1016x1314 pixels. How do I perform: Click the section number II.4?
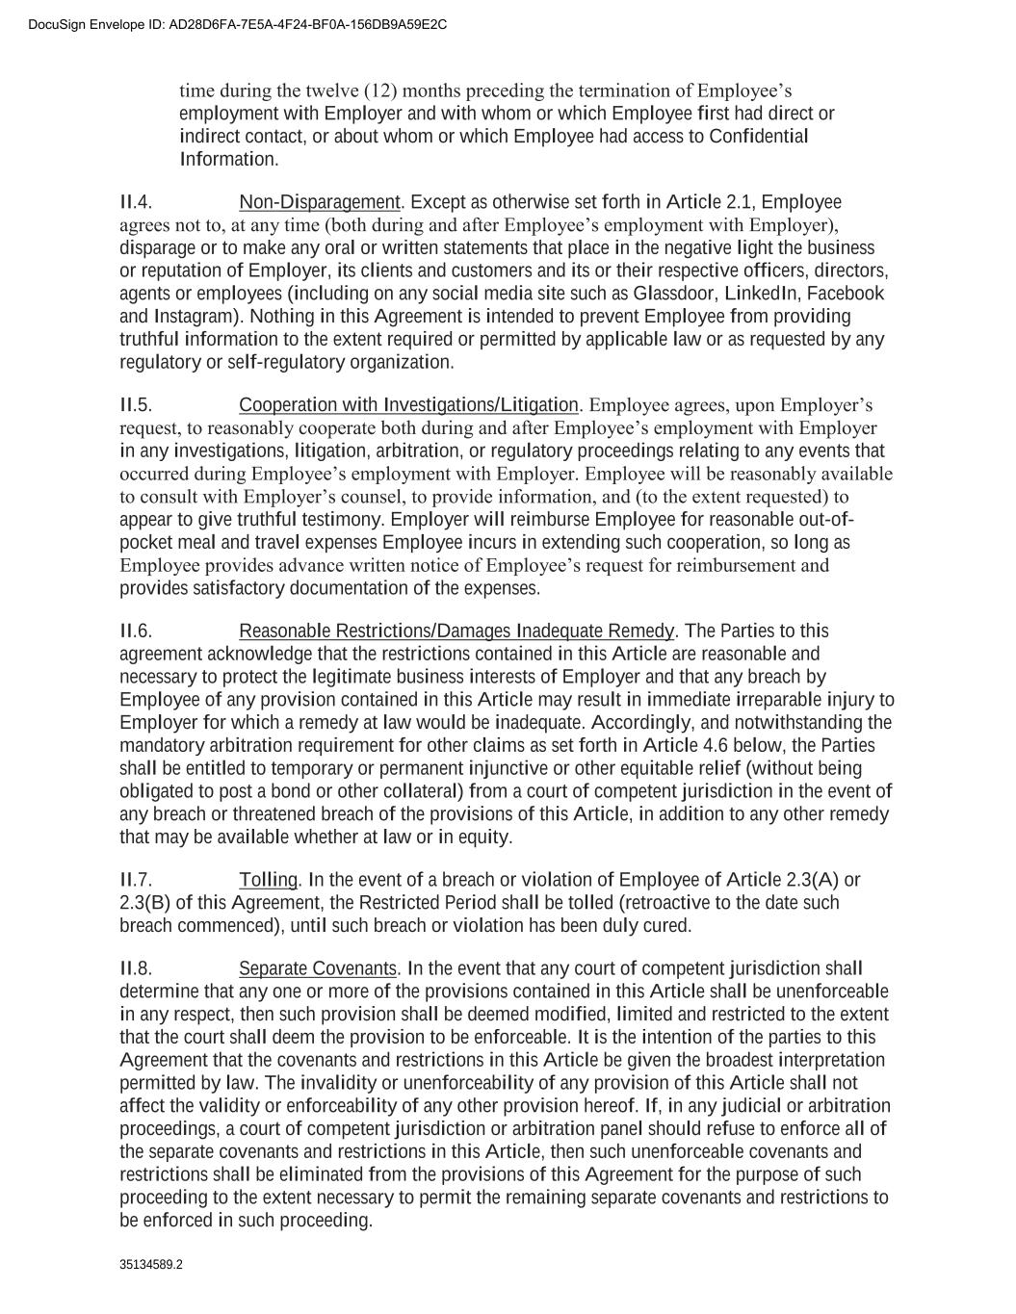[x=136, y=202]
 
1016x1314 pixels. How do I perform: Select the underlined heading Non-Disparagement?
[x=319, y=202]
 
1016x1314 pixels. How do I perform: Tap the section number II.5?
[x=136, y=405]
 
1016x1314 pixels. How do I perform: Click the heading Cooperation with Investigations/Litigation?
[x=408, y=405]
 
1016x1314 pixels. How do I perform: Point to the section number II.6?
[x=136, y=631]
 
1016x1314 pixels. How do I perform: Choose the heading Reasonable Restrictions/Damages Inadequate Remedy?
[x=456, y=631]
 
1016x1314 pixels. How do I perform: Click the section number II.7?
[x=136, y=880]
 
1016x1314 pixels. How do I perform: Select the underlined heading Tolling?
[x=269, y=880]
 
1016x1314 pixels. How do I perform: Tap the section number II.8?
[x=136, y=968]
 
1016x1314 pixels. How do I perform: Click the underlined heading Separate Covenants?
[x=318, y=968]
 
